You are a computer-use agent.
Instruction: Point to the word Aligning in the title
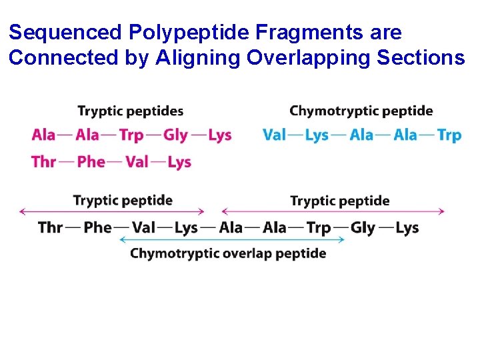199,58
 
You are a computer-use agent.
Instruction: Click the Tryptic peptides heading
131,111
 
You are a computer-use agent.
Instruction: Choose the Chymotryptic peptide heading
361,111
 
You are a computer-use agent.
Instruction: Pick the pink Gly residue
175,135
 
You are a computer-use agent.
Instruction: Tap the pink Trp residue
131,135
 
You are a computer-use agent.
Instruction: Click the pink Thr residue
43,162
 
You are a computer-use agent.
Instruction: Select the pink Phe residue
91,162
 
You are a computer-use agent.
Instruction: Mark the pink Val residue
137,162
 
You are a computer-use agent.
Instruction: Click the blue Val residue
274,135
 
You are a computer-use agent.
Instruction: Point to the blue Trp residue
449,135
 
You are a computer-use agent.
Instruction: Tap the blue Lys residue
317,135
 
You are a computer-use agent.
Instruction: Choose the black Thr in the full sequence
51,228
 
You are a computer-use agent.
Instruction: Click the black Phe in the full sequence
97,228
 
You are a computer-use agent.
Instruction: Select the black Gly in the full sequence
363,228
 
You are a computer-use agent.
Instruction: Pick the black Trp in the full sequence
319,228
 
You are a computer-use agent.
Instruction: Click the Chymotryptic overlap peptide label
228,254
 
